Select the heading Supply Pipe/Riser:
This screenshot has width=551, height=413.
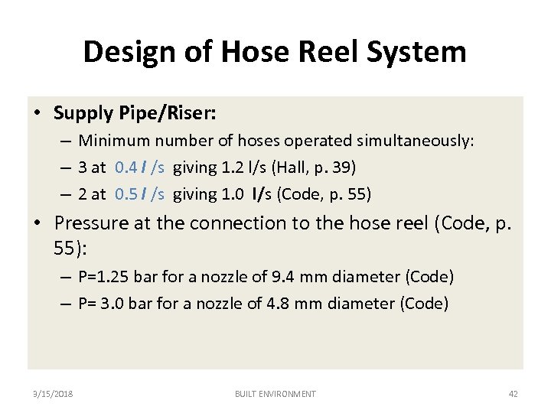(x=135, y=114)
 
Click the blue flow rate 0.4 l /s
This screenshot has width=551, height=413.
(x=139, y=167)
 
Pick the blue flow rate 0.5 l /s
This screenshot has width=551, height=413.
(x=139, y=194)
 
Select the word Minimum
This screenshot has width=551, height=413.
(x=114, y=141)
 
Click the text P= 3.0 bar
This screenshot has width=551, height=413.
(x=116, y=304)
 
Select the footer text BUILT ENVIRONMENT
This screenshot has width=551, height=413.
(x=275, y=394)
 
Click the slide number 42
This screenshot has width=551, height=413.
(x=513, y=394)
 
